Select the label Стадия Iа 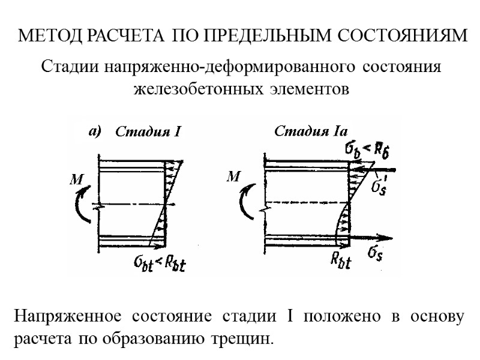click(311, 131)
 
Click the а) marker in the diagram click(95, 130)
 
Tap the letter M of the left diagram click(77, 178)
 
